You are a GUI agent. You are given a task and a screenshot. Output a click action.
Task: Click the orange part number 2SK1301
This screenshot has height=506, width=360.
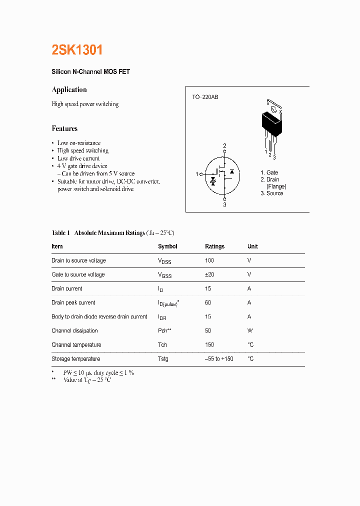pyautogui.click(x=77, y=50)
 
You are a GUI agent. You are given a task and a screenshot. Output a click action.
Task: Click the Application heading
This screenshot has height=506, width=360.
pyautogui.click(x=69, y=90)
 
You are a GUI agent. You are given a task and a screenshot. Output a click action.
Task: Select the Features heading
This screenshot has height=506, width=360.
pyautogui.click(x=64, y=128)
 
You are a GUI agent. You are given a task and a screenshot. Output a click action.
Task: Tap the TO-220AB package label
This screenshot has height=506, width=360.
pyautogui.click(x=205, y=97)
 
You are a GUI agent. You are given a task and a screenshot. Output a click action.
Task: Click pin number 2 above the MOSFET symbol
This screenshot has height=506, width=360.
pyautogui.click(x=224, y=146)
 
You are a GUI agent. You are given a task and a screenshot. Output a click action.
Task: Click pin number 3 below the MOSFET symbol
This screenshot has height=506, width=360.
pyautogui.click(x=224, y=204)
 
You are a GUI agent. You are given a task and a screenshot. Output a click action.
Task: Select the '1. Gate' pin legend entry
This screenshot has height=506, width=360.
pyautogui.click(x=269, y=172)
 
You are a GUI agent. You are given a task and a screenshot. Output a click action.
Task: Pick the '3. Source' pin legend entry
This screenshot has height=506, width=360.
pyautogui.click(x=271, y=193)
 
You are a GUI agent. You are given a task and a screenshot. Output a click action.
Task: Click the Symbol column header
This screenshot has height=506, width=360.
pyautogui.click(x=167, y=246)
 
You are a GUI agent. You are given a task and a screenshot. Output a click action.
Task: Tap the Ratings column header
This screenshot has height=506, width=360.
pyautogui.click(x=214, y=246)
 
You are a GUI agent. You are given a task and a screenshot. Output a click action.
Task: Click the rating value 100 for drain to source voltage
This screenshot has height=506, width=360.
pyautogui.click(x=209, y=260)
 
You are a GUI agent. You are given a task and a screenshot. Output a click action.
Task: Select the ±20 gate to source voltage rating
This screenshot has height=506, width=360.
pyautogui.click(x=209, y=274)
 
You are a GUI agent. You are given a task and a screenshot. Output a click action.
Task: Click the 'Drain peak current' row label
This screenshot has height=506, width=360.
pyautogui.click(x=73, y=302)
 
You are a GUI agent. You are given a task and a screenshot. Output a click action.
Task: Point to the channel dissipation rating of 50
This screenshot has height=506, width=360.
pyautogui.click(x=208, y=330)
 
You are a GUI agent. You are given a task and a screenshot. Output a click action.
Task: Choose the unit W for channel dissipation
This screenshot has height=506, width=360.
pyautogui.click(x=250, y=330)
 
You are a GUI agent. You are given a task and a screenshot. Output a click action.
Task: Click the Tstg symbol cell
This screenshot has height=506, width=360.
pyautogui.click(x=163, y=359)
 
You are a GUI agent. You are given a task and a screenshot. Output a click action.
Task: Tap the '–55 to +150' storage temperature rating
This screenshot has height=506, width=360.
pyautogui.click(x=219, y=359)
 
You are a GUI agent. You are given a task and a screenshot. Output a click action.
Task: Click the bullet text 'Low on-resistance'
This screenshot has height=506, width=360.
pyautogui.click(x=79, y=143)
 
